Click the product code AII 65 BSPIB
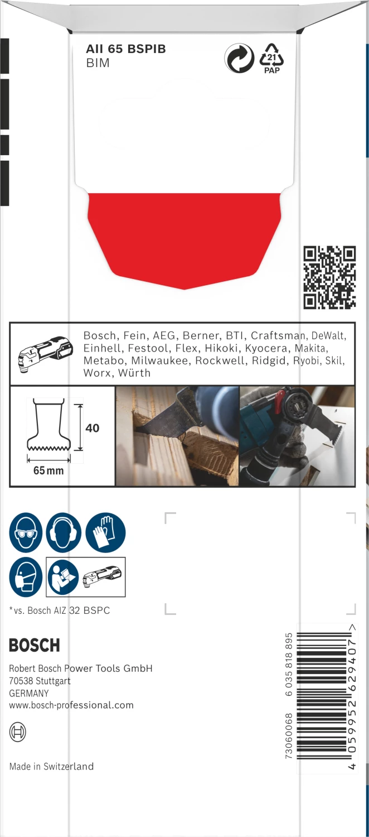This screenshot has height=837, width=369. point(125,49)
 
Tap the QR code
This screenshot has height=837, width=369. point(329,277)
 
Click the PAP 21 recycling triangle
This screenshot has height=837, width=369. point(271,57)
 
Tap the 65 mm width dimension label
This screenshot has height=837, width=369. point(48,470)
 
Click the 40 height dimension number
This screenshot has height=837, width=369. point(93,428)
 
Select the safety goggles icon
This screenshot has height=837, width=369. point(26,533)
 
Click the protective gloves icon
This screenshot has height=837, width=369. point(105,533)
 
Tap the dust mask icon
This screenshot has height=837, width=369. point(26,577)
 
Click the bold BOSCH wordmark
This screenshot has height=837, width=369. point(34,646)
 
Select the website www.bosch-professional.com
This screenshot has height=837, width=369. point(71,705)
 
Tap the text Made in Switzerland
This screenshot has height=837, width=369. point(51,766)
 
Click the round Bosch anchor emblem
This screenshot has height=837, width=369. point(18,732)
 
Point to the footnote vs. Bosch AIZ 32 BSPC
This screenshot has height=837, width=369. point(60,610)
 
